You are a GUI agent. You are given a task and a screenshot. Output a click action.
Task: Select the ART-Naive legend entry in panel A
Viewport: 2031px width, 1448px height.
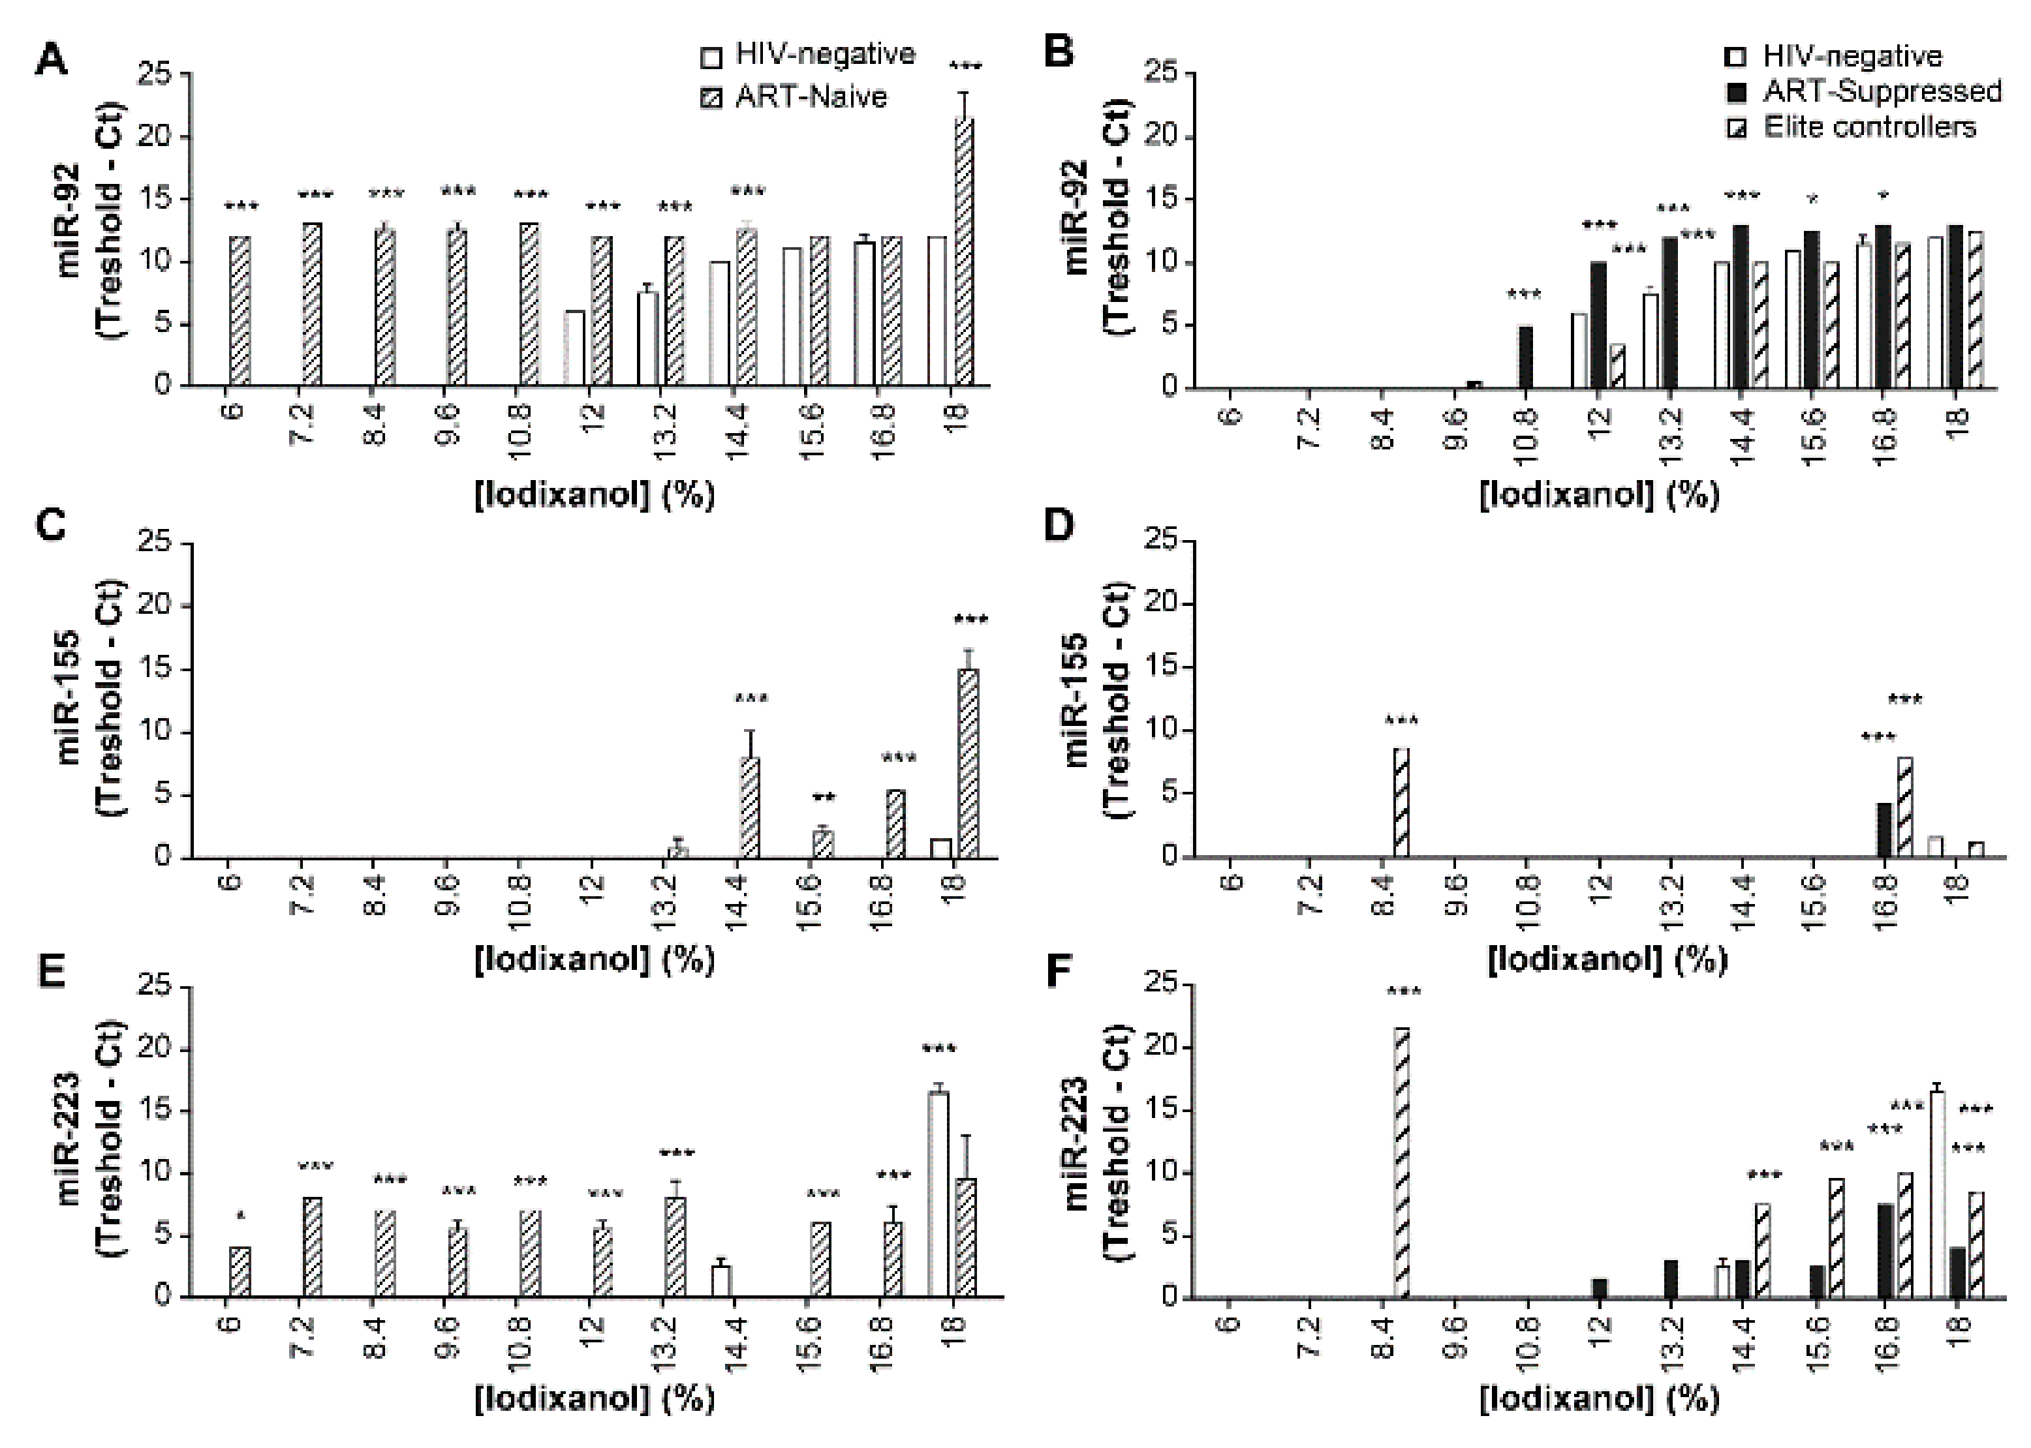point(810,97)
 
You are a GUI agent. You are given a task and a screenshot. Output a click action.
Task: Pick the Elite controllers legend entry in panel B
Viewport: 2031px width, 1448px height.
point(1868,127)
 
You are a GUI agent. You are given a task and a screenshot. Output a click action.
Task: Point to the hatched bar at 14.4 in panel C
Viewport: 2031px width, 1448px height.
point(749,807)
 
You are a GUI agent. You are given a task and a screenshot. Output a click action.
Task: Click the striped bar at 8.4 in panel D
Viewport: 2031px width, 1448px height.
point(1401,802)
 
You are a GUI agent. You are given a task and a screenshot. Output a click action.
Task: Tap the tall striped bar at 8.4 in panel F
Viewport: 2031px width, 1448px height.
point(1401,1163)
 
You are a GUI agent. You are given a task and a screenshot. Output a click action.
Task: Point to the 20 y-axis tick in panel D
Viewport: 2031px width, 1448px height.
point(1160,605)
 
